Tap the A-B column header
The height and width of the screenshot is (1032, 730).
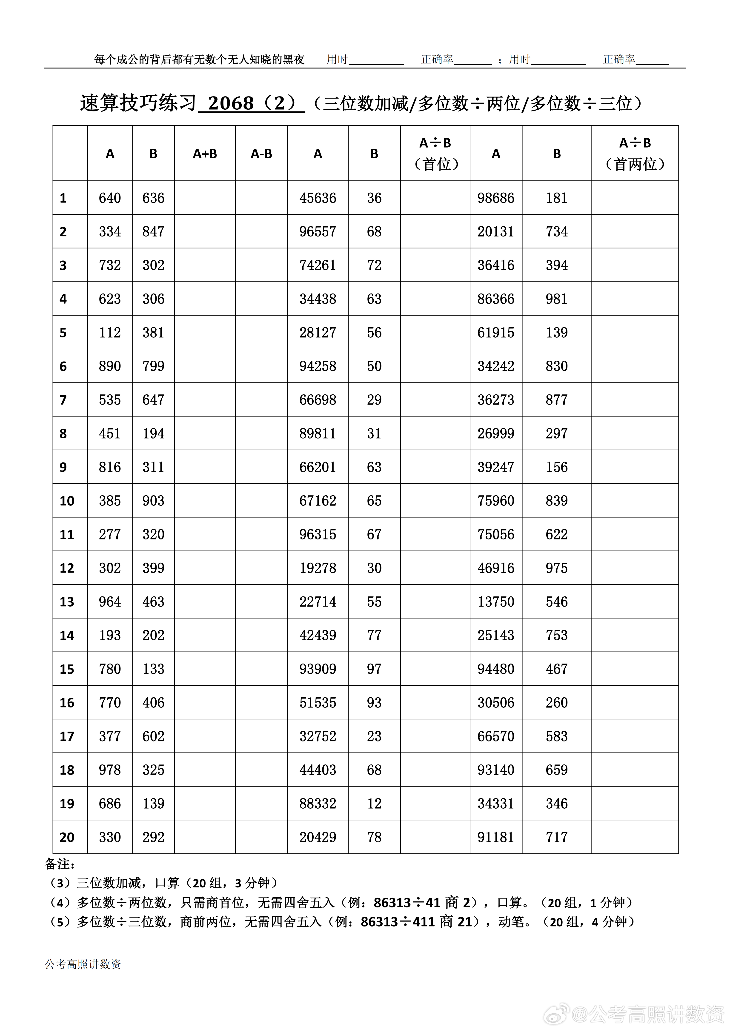coord(261,154)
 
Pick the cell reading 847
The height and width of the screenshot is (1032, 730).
coord(153,231)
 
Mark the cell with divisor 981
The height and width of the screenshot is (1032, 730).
coord(556,299)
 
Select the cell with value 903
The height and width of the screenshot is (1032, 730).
coord(153,501)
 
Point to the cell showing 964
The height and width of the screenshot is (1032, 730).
coord(110,602)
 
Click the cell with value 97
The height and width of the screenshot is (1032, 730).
coord(374,669)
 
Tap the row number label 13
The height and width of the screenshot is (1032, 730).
coord(67,602)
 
